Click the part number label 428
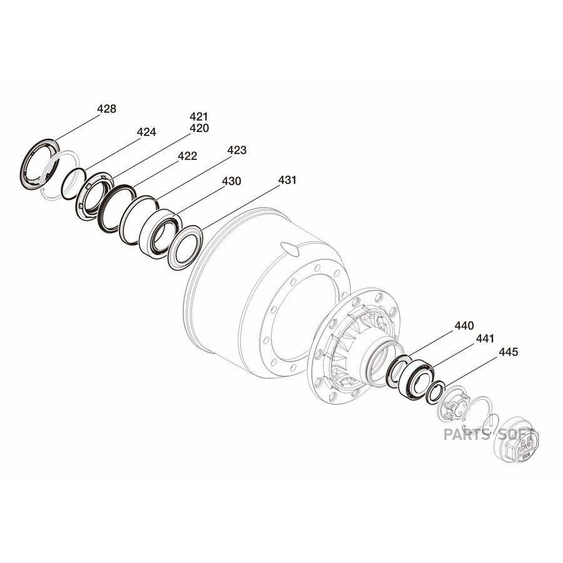tap(106, 109)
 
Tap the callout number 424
tap(146, 132)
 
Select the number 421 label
tap(199, 117)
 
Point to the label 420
tap(200, 128)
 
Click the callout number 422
tap(188, 156)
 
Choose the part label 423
tap(237, 150)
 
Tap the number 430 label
tap(231, 181)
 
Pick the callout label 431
tap(287, 180)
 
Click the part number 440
tap(464, 326)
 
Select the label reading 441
tap(485, 338)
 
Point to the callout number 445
tap(509, 352)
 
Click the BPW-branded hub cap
tap(517, 440)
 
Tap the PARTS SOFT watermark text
tap(489, 435)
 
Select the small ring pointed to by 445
tap(435, 392)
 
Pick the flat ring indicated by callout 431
tap(185, 248)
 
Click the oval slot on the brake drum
tap(290, 248)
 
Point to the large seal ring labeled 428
tap(39, 164)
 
